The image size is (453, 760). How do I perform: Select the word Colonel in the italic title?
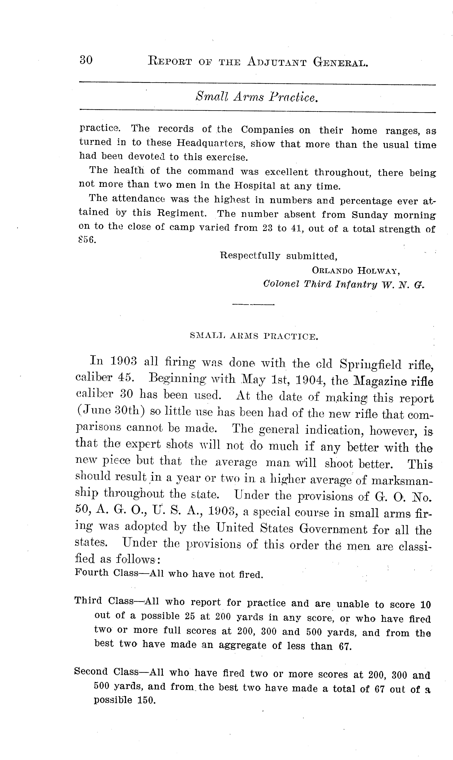pos(281,284)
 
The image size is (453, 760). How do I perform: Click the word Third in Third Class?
pos(88,601)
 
